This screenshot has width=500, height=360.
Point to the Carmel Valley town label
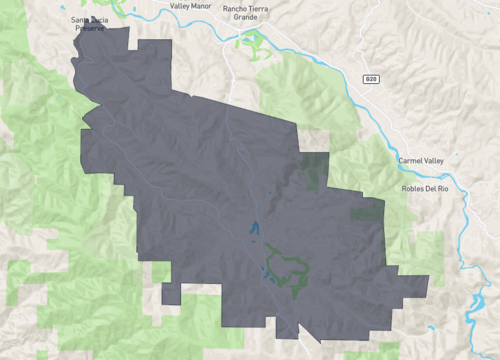pos(428,160)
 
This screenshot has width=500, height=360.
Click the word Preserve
pos(91,28)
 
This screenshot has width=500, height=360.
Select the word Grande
pos(246,17)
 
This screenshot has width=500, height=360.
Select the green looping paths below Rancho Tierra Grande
pos(250,42)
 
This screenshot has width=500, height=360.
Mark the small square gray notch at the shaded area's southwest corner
pos(171,294)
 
